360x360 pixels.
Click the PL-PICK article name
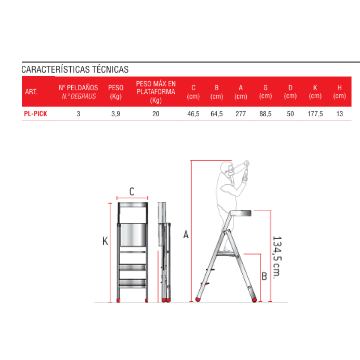[36, 114]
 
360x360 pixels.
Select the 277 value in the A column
[240, 114]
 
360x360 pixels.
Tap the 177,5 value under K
[315, 114]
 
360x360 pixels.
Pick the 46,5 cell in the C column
[193, 114]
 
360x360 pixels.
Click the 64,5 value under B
[217, 114]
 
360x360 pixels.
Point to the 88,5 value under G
[265, 114]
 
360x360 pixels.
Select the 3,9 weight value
[116, 114]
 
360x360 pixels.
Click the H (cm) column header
[339, 92]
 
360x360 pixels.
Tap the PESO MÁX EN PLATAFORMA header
[156, 92]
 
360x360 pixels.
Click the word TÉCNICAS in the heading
[110, 69]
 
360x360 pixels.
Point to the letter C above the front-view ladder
[132, 192]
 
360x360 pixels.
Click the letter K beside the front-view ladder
[105, 241]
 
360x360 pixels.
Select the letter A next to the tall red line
[186, 234]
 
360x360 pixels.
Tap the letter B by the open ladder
[264, 276]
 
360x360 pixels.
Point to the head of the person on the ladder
[227, 168]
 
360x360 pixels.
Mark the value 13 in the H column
[339, 114]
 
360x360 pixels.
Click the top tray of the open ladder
[240, 213]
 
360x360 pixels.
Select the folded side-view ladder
[165, 252]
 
